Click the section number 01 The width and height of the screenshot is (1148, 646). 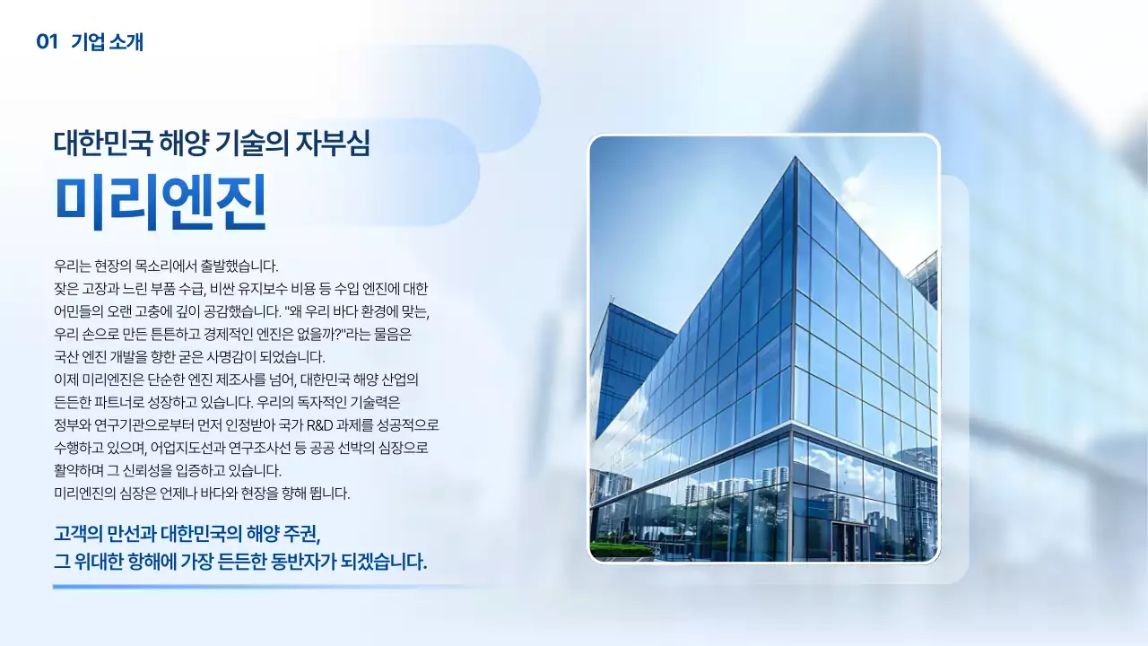47,41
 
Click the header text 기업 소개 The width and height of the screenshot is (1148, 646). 108,41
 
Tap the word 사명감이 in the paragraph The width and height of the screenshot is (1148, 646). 249,356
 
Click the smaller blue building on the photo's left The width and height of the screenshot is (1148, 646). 628,359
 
